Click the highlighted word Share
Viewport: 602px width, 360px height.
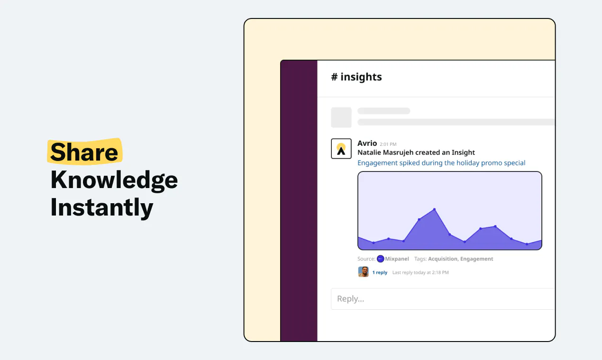[84, 152]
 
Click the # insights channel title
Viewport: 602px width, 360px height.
[356, 77]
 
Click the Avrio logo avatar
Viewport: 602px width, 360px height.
[341, 149]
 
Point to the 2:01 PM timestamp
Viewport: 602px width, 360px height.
[388, 144]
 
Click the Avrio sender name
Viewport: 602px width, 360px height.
[367, 143]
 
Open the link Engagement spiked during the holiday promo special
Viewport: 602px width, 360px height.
[441, 163]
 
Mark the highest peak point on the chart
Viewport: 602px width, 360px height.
[434, 209]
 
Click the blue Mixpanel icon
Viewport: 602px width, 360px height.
[380, 259]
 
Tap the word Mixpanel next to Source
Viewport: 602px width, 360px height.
[397, 259]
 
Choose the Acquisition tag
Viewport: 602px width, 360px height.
[443, 259]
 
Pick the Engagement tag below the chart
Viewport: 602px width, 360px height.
[476, 259]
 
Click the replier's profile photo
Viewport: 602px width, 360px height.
[364, 271]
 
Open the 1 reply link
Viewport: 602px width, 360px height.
[380, 272]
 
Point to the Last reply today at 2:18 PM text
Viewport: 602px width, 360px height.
[420, 272]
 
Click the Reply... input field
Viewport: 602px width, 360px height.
[443, 299]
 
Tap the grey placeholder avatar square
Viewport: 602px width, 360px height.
[341, 117]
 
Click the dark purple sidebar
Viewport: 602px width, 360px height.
[299, 201]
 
